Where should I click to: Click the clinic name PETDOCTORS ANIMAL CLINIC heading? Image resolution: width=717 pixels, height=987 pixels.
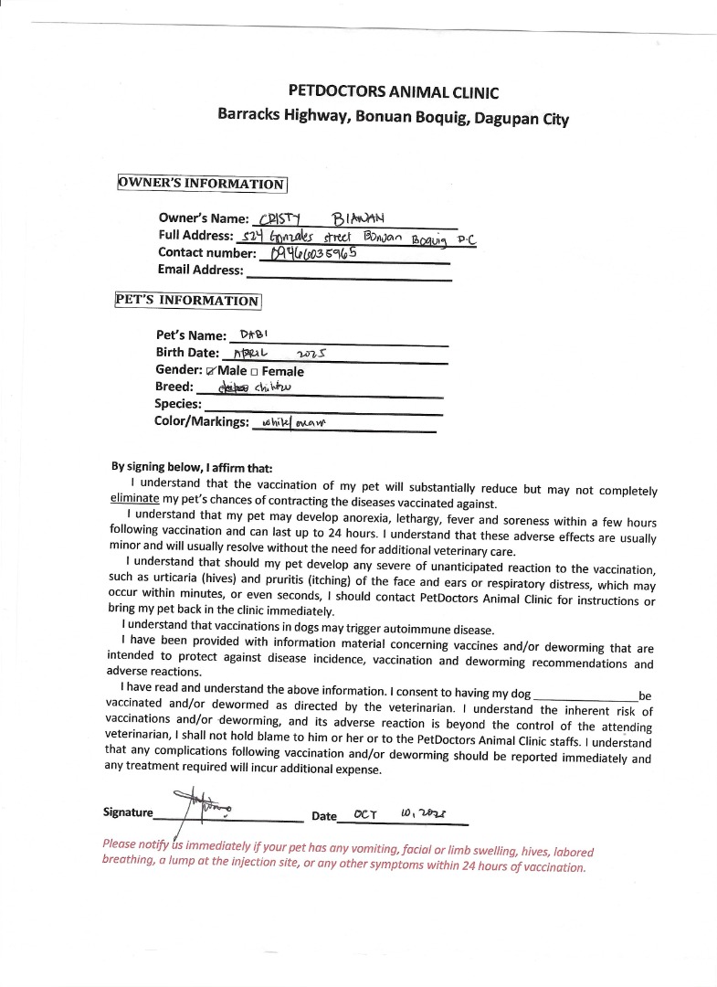[393, 90]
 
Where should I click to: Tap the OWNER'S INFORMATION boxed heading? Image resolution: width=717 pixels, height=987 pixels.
[202, 184]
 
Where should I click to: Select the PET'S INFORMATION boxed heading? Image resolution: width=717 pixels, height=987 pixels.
[187, 301]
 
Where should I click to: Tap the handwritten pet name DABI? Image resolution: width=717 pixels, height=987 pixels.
[252, 334]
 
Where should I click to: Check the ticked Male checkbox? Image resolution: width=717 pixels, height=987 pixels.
[212, 371]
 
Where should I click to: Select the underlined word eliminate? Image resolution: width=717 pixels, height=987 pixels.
[134, 499]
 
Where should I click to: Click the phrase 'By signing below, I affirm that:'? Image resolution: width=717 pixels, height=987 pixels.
[191, 466]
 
